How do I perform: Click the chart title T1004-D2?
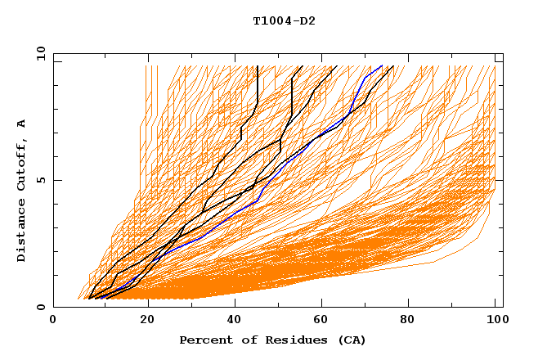tap(284, 21)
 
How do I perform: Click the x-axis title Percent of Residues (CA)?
tap(272, 340)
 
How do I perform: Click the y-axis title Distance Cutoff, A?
tap(21, 191)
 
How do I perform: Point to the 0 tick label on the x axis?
tap(54, 322)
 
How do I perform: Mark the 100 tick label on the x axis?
tap(495, 322)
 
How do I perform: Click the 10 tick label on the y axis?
tap(40, 53)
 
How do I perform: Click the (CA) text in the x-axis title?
tap(352, 340)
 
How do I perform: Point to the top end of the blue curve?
tap(381, 66)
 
